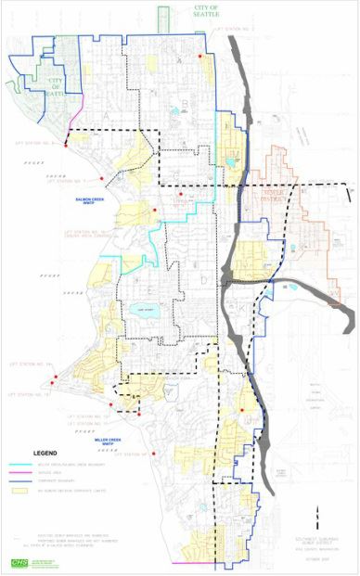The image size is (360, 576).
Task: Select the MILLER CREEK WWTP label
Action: click(x=109, y=441)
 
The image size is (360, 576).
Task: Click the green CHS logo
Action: click(x=19, y=563)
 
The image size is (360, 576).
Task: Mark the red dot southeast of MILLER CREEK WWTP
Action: click(x=154, y=453)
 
